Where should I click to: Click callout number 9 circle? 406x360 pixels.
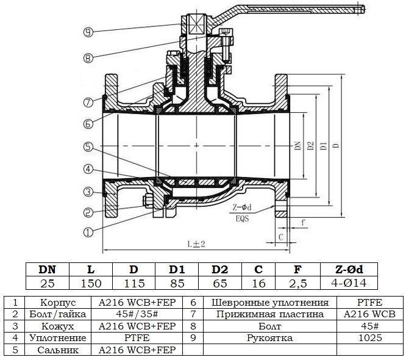[x=88, y=32]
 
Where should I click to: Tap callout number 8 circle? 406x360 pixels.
[x=88, y=59]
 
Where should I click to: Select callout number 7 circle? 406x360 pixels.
[x=88, y=101]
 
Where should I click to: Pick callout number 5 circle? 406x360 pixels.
[x=88, y=146]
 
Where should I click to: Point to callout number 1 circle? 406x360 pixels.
[x=88, y=232]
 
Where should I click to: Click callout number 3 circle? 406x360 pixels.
[x=88, y=192]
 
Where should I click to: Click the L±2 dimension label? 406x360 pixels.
[x=196, y=243]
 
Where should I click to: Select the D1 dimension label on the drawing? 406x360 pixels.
[x=324, y=146]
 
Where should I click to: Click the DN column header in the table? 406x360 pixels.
[x=47, y=269]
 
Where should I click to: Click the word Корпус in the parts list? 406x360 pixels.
[x=57, y=303]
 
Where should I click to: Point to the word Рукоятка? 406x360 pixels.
[x=270, y=337]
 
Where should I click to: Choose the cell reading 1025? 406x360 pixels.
[x=369, y=337]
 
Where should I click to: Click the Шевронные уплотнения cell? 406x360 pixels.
[x=270, y=303]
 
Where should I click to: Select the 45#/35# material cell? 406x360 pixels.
[x=137, y=314]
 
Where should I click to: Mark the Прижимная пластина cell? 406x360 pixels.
[x=270, y=314]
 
